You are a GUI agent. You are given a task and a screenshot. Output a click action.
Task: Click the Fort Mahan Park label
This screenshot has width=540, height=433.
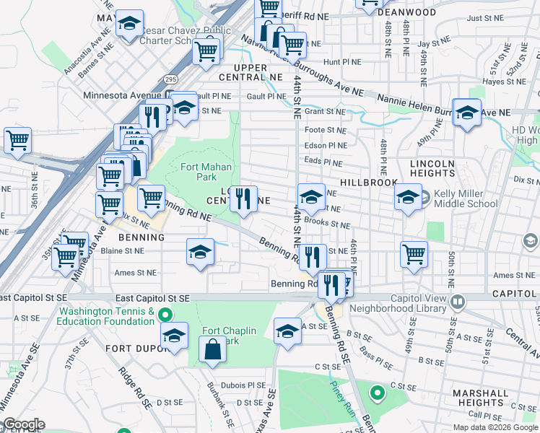[x=197, y=172]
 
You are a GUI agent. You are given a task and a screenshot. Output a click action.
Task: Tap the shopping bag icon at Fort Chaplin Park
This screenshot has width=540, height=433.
[x=215, y=351]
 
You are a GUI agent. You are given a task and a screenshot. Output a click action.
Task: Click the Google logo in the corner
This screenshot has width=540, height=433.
[x=23, y=424]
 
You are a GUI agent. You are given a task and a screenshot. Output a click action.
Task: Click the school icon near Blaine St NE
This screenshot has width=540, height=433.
[x=200, y=252]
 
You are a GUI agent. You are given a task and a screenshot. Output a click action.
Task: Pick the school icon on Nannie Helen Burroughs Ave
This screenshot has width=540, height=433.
[x=467, y=112]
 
